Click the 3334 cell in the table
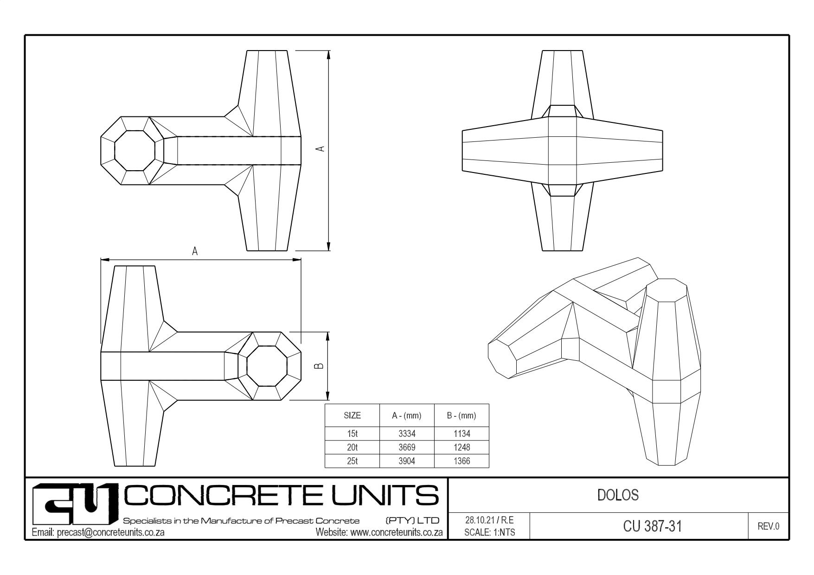(x=407, y=434)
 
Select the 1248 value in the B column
(x=461, y=447)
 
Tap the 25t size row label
(x=352, y=461)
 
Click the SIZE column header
(x=352, y=415)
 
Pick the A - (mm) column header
(x=407, y=415)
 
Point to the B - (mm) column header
(x=461, y=415)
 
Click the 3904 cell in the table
(x=407, y=461)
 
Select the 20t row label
(x=352, y=447)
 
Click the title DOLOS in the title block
(x=618, y=495)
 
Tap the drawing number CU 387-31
(x=653, y=526)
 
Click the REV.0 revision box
(x=769, y=526)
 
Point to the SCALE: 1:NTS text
(x=489, y=532)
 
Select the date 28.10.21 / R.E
(x=489, y=520)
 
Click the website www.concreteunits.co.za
(x=396, y=532)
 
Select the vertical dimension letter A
(x=320, y=149)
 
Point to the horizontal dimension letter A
(x=195, y=251)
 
